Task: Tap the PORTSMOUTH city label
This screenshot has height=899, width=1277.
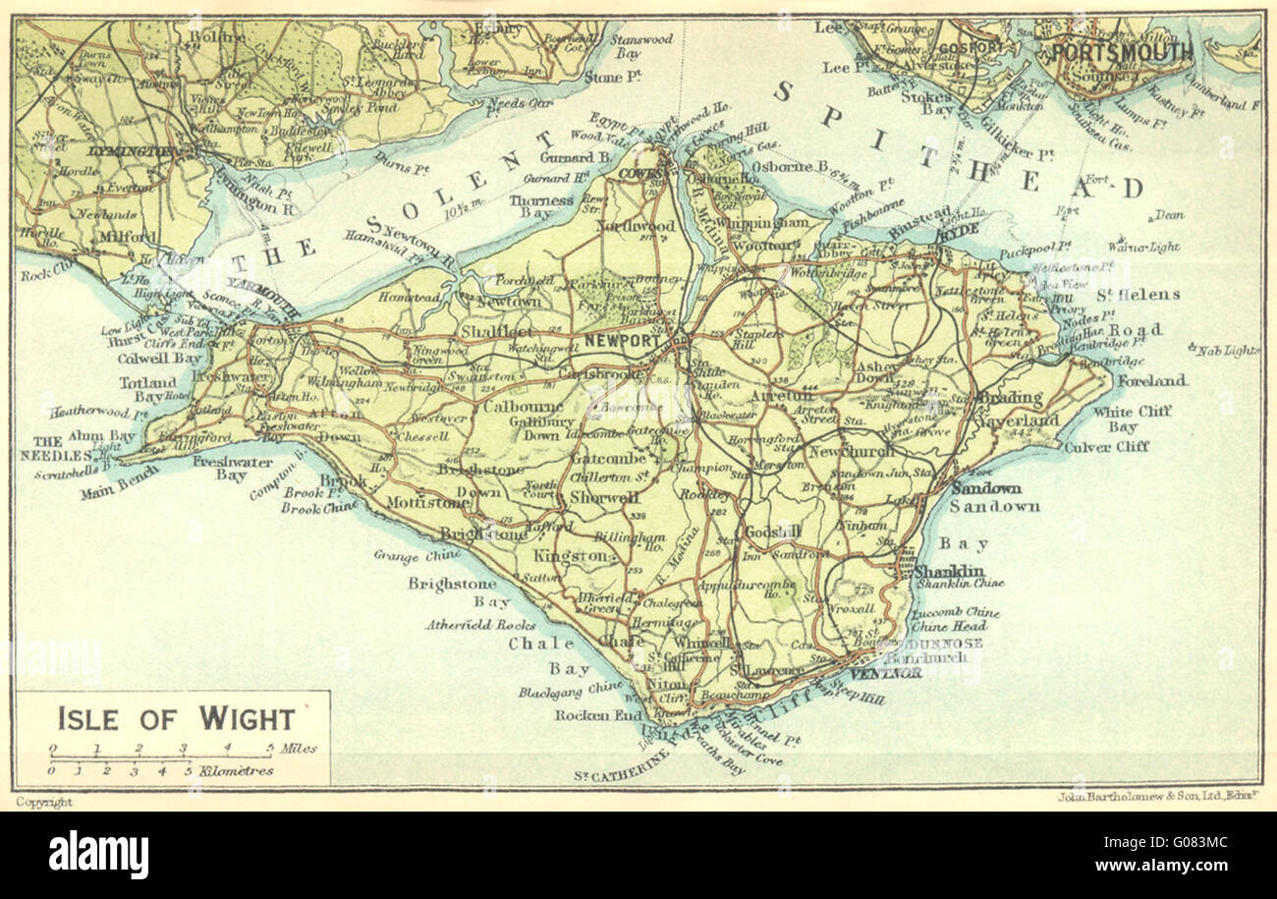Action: click(x=1123, y=52)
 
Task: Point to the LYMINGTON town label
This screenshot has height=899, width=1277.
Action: click(x=131, y=153)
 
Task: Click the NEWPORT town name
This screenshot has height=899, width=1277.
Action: click(x=621, y=340)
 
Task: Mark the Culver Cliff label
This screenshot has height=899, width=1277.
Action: click(x=1105, y=447)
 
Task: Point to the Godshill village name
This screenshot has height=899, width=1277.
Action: click(x=774, y=532)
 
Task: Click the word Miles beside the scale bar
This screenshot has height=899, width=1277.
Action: click(x=298, y=749)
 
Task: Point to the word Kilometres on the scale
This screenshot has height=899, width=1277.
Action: click(x=236, y=771)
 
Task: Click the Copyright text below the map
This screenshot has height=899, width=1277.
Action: click(x=44, y=803)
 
